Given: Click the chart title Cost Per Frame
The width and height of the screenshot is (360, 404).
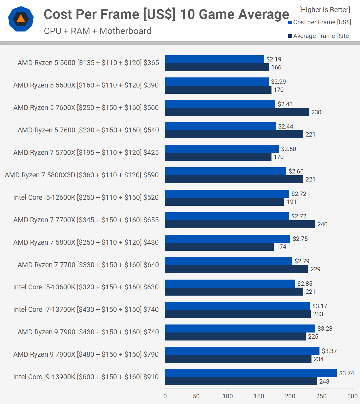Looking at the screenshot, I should point(166,14).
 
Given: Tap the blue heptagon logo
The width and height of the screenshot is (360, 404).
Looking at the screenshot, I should point(21,19).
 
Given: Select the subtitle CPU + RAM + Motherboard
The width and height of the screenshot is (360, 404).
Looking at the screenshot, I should point(98,31).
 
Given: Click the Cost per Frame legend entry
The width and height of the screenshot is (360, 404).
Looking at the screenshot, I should point(320,22).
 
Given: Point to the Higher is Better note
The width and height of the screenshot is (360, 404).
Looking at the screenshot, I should point(324,10).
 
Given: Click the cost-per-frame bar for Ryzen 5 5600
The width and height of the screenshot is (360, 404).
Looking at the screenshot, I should point(214,59).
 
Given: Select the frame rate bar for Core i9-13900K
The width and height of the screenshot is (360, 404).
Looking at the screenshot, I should point(241,381).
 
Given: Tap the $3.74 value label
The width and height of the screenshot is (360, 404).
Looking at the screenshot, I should point(346,373).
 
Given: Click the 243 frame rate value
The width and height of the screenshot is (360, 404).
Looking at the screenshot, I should point(324,382).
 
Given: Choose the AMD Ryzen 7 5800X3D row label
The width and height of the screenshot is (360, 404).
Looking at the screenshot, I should point(82,175).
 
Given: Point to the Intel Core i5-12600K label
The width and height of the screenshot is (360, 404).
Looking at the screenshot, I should point(86,197).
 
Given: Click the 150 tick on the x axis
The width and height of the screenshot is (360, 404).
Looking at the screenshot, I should point(259,396).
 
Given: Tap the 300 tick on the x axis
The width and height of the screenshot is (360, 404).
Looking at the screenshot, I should point(353,396).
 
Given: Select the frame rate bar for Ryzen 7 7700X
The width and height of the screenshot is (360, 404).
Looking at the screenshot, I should point(240,224).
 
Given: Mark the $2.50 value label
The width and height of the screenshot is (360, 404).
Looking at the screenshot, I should point(288,149).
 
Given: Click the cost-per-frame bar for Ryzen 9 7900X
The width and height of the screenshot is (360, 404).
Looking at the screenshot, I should point(242,351).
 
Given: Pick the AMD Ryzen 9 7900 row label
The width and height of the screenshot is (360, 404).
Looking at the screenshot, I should point(88,332).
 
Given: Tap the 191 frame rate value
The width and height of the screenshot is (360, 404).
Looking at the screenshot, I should point(291,202).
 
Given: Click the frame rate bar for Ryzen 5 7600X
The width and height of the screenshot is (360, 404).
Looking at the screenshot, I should point(237,112).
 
